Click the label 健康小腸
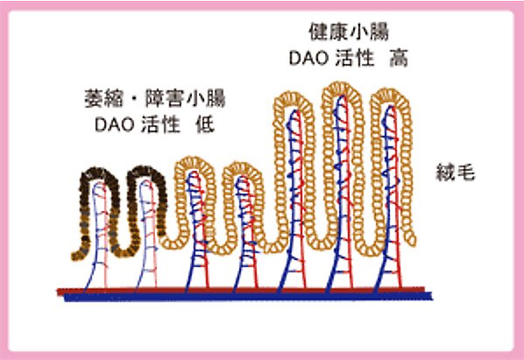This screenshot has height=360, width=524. (x=349, y=32)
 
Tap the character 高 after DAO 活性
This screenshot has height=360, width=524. (x=399, y=59)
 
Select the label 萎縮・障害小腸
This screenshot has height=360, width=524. (x=155, y=99)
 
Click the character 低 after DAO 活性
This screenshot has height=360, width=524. (x=205, y=125)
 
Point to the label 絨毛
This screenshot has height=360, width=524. (x=455, y=173)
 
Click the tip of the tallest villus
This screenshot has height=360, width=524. (x=341, y=83)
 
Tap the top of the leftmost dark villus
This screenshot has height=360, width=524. (x=99, y=169)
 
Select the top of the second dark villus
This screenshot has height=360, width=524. (x=146, y=167)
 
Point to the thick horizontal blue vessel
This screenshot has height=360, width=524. (x=248, y=297)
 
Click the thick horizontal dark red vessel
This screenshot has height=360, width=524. (x=241, y=290)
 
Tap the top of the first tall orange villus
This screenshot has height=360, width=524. (x=293, y=94)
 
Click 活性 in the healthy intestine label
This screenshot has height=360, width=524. (x=354, y=59)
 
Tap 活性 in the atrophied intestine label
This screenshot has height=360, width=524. (x=160, y=125)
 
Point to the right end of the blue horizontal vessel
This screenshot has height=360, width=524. (x=432, y=297)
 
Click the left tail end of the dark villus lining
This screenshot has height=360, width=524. (x=74, y=257)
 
